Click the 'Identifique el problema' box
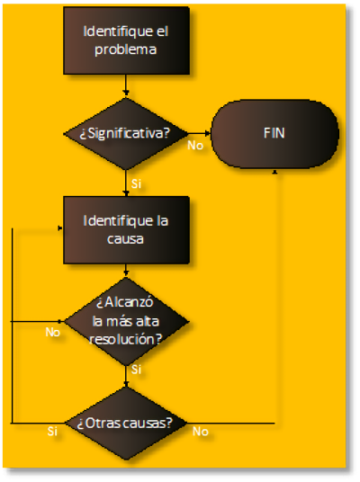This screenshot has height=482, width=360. [126, 40]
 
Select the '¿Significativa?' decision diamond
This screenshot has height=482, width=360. [125, 134]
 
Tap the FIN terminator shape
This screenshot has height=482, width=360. [274, 134]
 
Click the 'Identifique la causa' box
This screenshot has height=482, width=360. [126, 230]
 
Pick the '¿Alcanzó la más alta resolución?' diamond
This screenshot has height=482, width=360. [126, 321]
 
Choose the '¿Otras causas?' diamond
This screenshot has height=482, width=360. [125, 424]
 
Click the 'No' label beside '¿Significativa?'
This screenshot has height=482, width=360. [195, 146]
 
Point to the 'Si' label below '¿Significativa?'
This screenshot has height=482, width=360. [136, 183]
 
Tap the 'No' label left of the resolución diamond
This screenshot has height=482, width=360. [52, 332]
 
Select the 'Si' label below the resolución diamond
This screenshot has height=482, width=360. [136, 370]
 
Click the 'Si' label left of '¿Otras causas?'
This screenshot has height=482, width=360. [52, 432]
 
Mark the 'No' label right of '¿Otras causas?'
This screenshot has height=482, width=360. [201, 432]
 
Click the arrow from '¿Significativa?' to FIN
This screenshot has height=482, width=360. [200, 133]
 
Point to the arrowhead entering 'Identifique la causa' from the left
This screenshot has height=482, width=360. [60, 228]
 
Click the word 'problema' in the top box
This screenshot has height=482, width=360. [125, 49]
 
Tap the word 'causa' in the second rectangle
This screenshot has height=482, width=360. [125, 239]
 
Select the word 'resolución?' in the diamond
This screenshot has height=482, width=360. [125, 339]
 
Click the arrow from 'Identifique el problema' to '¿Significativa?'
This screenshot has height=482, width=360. [125, 85]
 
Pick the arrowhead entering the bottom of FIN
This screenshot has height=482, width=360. [275, 171]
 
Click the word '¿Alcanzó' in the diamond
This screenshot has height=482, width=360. [124, 303]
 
